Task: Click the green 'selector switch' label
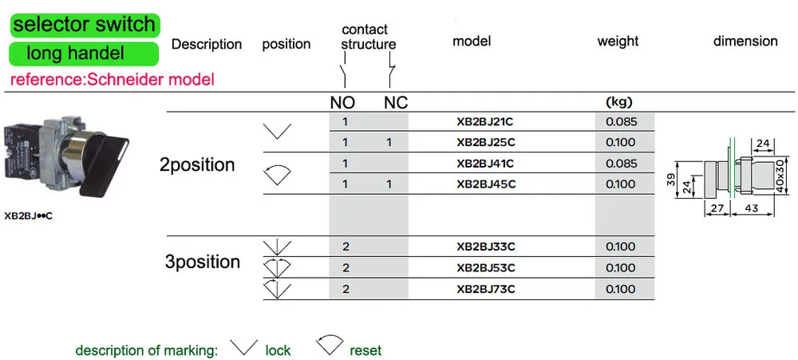pyautogui.click(x=85, y=25)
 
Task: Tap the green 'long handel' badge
pyautogui.click(x=84, y=53)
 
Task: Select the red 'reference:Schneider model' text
pyautogui.click(x=112, y=80)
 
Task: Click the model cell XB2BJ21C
pyautogui.click(x=486, y=121)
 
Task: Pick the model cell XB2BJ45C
pyautogui.click(x=486, y=184)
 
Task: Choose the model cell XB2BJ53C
pyautogui.click(x=486, y=268)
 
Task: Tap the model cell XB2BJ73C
pyautogui.click(x=486, y=289)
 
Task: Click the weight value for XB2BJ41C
pyautogui.click(x=622, y=164)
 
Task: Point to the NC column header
pyautogui.click(x=396, y=103)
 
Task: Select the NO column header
pyautogui.click(x=342, y=103)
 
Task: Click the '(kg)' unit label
pyautogui.click(x=619, y=102)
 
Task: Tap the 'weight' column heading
pyautogui.click(x=618, y=42)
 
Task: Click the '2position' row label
pyautogui.click(x=197, y=165)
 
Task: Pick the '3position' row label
pyautogui.click(x=203, y=263)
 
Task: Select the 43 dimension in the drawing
pyautogui.click(x=753, y=208)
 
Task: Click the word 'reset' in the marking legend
pyautogui.click(x=365, y=350)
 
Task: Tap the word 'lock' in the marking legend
pyautogui.click(x=278, y=350)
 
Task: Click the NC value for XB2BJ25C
pyautogui.click(x=389, y=143)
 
